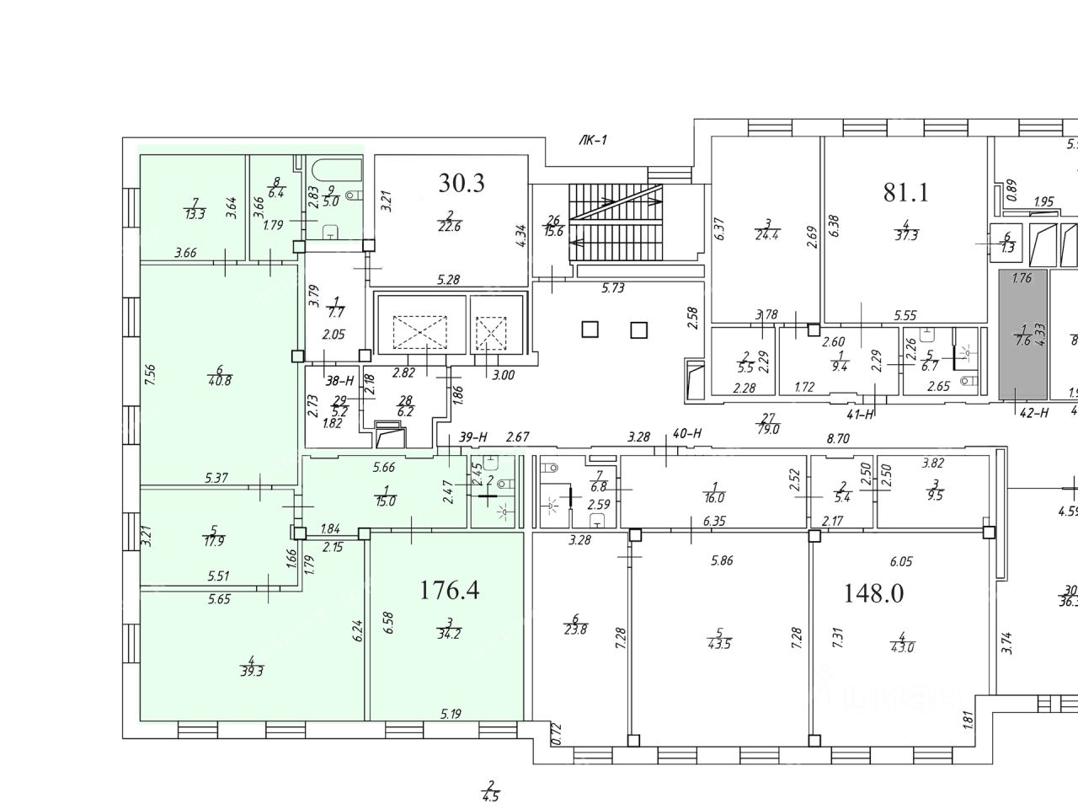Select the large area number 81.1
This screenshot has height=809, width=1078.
click(905, 193)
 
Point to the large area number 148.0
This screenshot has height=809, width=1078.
click(873, 593)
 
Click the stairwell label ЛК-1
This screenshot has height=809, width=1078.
click(594, 141)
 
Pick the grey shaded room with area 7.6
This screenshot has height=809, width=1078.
click(1023, 335)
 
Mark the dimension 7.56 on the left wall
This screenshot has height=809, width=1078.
click(150, 374)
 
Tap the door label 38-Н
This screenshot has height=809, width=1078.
click(339, 380)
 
